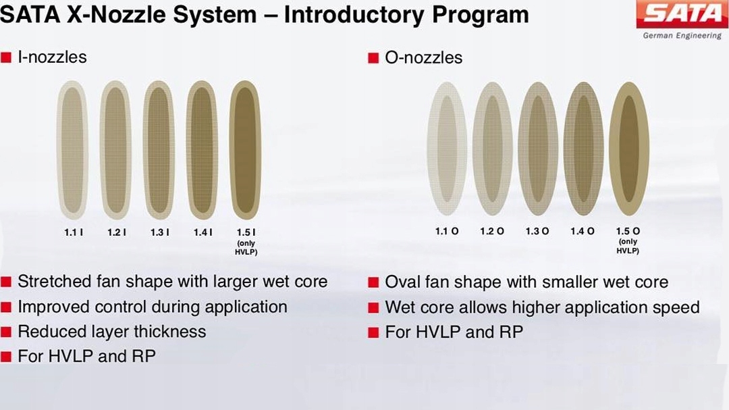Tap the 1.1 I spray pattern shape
tap(72, 150)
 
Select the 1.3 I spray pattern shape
tap(159, 150)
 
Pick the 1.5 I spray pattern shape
tap(246, 150)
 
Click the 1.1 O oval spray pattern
tap(447, 149)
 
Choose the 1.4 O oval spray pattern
tap(583, 149)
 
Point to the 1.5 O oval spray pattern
tap(629, 149)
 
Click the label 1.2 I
tap(116, 232)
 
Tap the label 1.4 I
tap(202, 232)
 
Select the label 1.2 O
tap(492, 231)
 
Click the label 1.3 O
tap(537, 231)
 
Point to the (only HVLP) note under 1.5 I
tap(246, 248)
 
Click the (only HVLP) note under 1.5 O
tap(628, 246)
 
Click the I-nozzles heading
tap(52, 57)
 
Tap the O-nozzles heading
tap(423, 57)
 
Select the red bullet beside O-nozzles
tap(373, 58)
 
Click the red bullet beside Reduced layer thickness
tap(5, 332)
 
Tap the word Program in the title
tap(481, 15)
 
